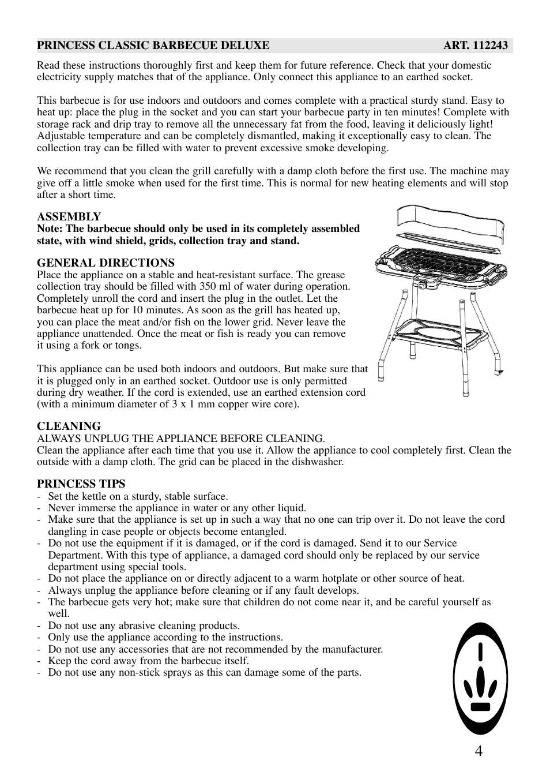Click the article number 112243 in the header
click(490, 46)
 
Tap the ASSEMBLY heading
click(69, 216)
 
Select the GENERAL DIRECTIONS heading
click(106, 263)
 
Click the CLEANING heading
click(69, 426)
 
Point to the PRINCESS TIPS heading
click(81, 484)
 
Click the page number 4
click(479, 751)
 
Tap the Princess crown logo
click(480, 678)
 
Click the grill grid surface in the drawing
click(441, 260)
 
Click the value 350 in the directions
click(208, 286)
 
